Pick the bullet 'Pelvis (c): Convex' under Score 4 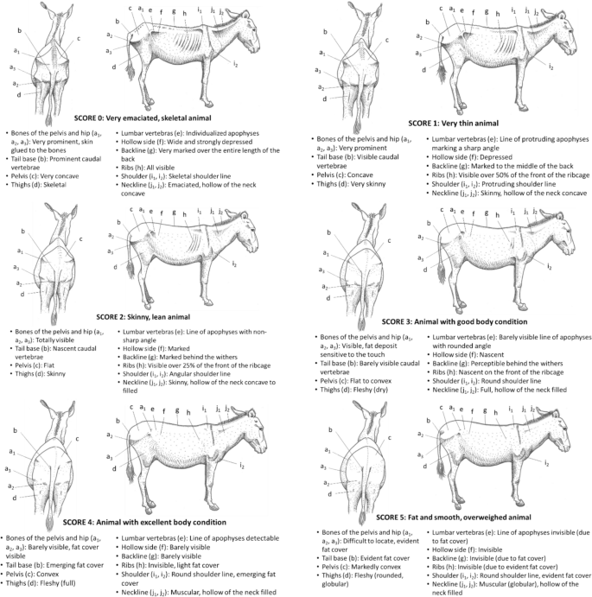pos(35,569)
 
